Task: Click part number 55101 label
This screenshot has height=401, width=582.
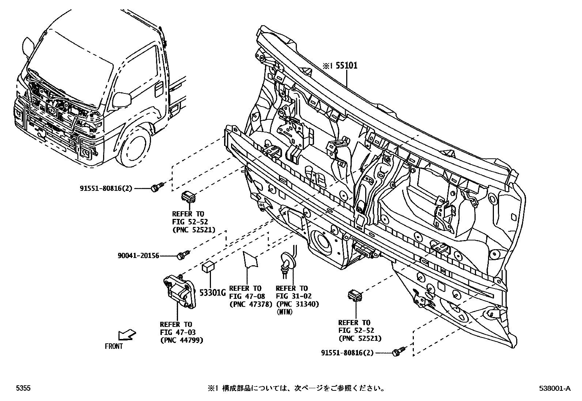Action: click(347, 66)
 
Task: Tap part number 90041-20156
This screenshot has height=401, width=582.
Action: click(138, 256)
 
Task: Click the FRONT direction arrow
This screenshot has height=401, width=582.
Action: click(127, 335)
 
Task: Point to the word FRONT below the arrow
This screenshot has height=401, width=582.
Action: click(114, 346)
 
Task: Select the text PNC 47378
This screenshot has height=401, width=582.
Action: click(251, 304)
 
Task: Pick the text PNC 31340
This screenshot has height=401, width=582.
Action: click(298, 304)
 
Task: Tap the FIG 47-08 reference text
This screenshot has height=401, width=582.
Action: click(247, 296)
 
